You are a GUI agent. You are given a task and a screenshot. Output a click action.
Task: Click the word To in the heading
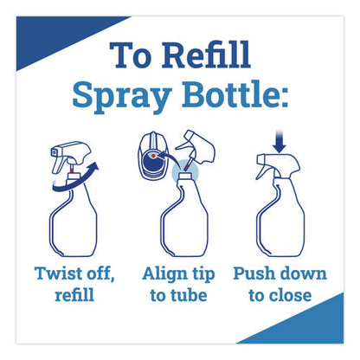[131, 55]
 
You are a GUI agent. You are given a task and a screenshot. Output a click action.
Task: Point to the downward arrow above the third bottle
[280, 142]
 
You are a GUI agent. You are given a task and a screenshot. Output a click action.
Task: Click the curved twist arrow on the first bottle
[75, 182]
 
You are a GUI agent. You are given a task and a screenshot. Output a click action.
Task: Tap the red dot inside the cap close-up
[153, 156]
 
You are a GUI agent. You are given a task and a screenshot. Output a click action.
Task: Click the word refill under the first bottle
[74, 295]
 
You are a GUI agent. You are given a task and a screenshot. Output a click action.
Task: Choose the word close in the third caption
[290, 295]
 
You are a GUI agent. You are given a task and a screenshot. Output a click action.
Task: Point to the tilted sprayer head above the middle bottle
[196, 149]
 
